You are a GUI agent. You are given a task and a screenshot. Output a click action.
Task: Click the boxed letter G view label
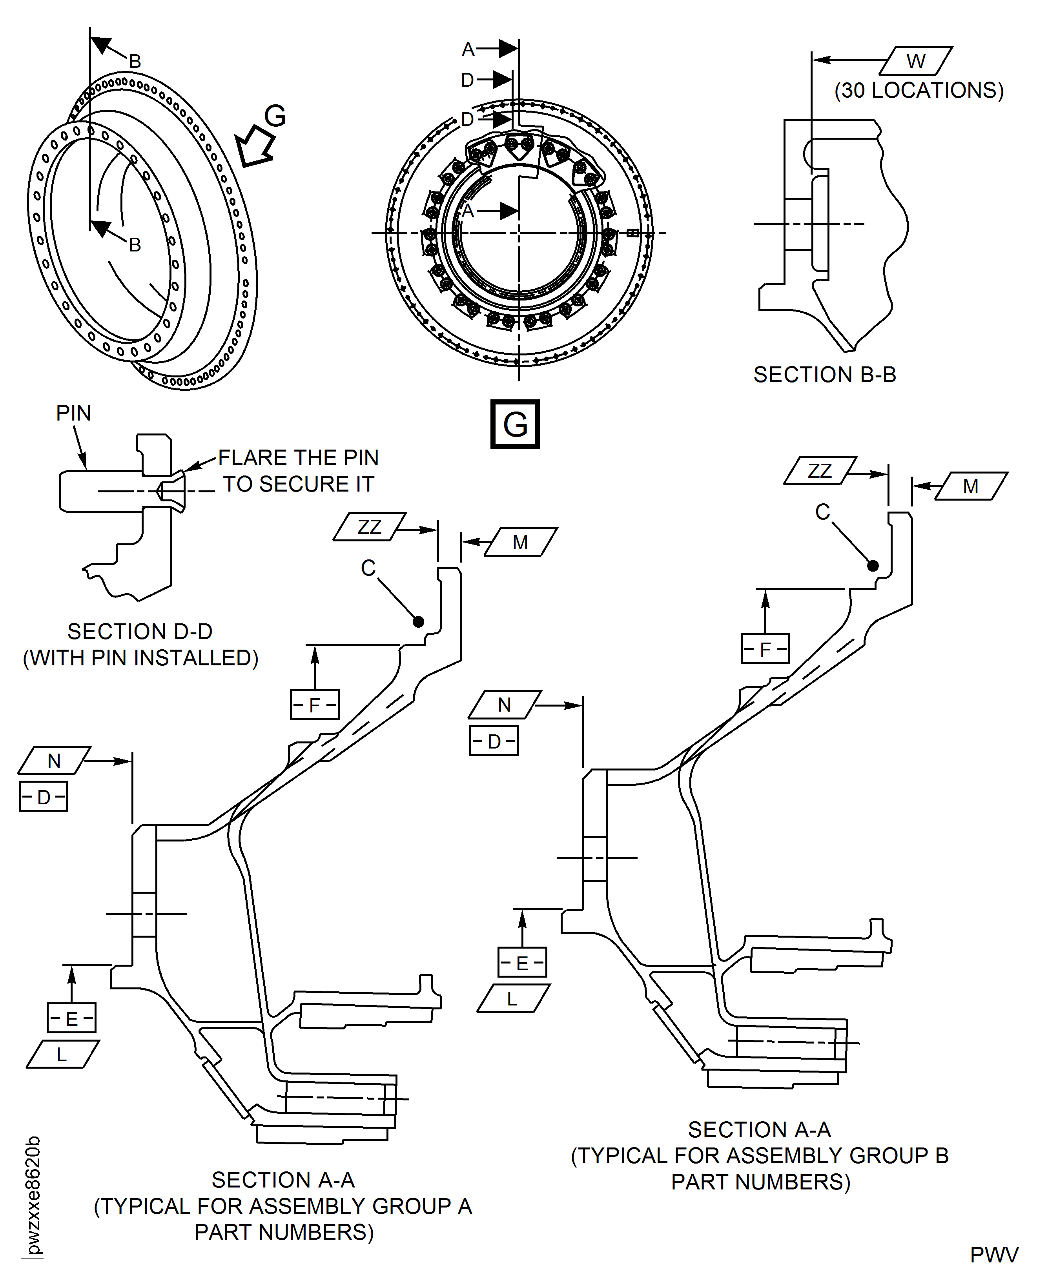[x=514, y=424]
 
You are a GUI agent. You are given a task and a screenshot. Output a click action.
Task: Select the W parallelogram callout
[x=916, y=61]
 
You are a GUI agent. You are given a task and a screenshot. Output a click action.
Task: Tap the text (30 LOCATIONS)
[x=919, y=91]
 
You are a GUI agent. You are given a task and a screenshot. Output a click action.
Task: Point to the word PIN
[x=73, y=413]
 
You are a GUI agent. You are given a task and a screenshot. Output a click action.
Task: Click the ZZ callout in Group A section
[x=369, y=527]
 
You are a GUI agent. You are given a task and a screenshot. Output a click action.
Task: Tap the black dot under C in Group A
[x=418, y=622]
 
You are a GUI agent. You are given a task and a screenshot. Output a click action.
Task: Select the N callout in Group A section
[x=55, y=761]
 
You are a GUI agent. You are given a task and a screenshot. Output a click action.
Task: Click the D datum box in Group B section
[x=494, y=741]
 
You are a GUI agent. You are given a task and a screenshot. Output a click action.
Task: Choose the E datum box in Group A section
[x=71, y=1018]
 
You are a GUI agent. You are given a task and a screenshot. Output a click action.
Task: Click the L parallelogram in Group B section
[x=512, y=998]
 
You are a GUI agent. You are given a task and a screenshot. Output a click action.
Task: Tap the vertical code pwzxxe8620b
[x=33, y=1195]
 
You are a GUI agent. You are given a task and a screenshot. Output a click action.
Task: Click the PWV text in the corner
[x=993, y=1255]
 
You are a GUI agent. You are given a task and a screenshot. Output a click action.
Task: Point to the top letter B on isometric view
[x=135, y=61]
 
